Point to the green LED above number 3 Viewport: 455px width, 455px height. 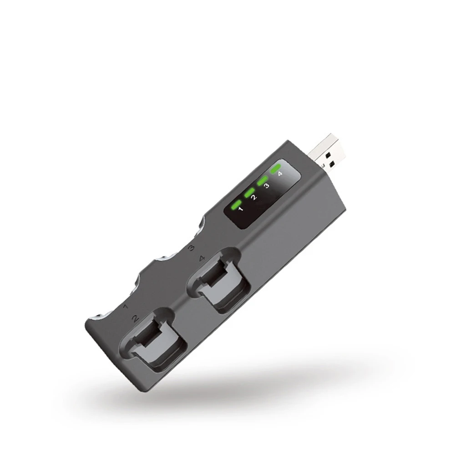[263, 181]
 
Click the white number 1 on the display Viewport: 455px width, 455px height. [241, 210]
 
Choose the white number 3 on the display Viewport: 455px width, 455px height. [267, 186]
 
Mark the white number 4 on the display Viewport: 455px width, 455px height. [280, 174]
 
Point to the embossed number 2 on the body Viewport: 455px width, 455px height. [135, 318]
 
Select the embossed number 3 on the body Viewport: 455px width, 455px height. [192, 248]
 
